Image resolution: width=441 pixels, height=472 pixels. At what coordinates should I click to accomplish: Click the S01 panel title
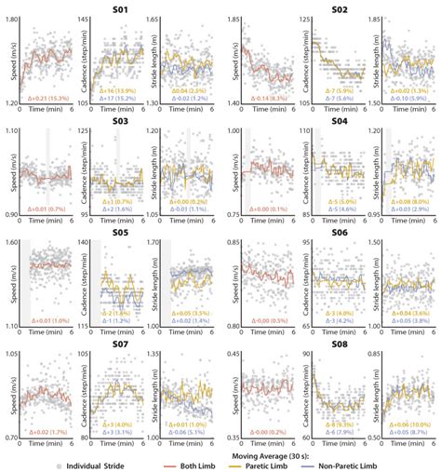click(x=120, y=8)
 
